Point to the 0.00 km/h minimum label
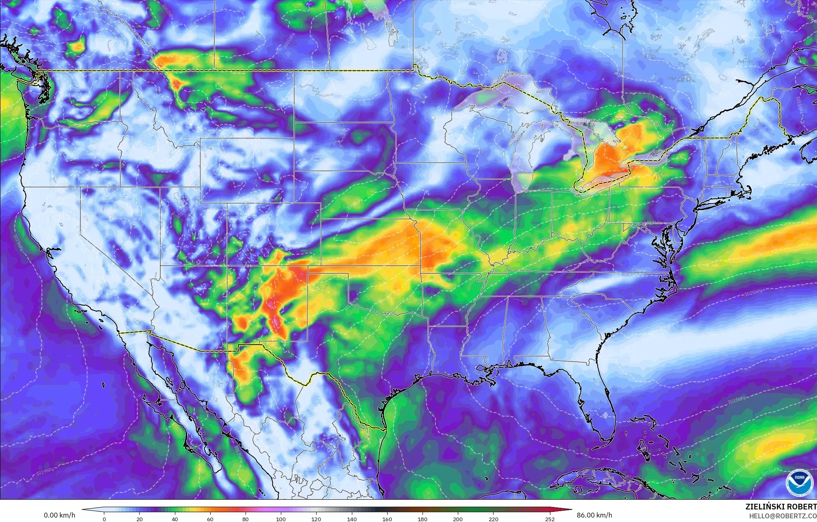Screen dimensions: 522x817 (59, 515)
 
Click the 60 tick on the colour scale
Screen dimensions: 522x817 (210, 519)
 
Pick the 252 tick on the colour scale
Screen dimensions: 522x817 (549, 519)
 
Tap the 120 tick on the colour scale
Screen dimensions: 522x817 (316, 519)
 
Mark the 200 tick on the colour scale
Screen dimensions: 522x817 (457, 519)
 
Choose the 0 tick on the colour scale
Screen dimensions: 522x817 (104, 519)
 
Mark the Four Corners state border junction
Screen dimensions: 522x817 (227, 266)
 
